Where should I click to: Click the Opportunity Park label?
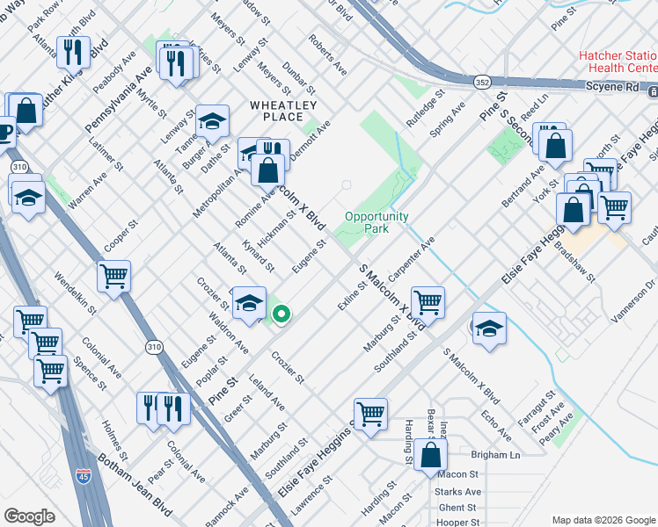[377, 222]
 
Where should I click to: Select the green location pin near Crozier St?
[281, 314]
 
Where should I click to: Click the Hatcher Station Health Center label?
[618, 61]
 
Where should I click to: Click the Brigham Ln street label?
[495, 456]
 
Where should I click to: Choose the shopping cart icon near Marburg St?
[427, 302]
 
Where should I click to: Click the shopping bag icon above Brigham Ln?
[430, 455]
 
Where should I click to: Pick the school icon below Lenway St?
[212, 121]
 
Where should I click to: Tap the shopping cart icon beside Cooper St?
[114, 276]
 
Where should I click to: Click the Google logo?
[29, 516]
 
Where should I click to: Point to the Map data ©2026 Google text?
[602, 519]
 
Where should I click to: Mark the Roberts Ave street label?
[327, 54]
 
